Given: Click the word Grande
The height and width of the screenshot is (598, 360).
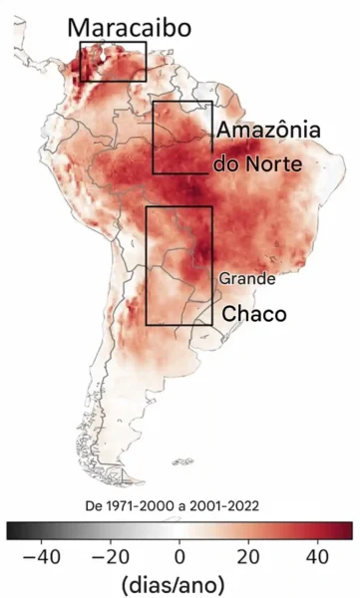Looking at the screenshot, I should click(x=246, y=279).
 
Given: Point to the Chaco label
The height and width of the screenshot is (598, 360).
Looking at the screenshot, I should click(x=253, y=313).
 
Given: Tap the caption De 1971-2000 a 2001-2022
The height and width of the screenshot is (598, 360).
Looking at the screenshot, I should click(x=180, y=505).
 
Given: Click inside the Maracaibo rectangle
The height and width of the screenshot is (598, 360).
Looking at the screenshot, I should click(x=113, y=61).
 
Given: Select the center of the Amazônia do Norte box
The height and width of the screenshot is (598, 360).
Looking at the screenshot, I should click(x=182, y=137).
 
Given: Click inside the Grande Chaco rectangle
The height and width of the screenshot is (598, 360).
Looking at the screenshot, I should click(x=180, y=265).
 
